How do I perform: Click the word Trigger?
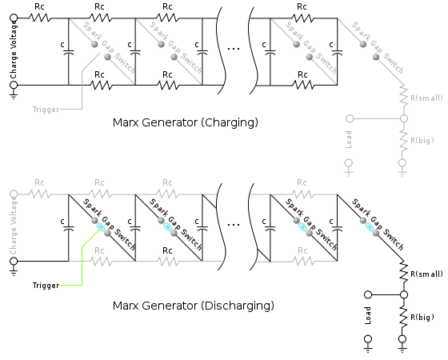[x=46, y=110]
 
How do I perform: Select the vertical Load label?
[x=349, y=139]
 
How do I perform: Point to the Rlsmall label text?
[x=426, y=98]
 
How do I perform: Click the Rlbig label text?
[x=422, y=141]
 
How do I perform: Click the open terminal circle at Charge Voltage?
[x=14, y=194]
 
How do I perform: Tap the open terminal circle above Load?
[x=350, y=118]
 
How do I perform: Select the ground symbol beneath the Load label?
[x=349, y=167]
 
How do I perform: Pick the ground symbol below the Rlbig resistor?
[x=402, y=167]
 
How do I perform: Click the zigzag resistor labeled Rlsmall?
[x=404, y=96]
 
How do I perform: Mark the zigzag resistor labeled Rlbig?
[x=404, y=141]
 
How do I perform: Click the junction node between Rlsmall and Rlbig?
[x=404, y=118]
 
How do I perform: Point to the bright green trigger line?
[x=82, y=264]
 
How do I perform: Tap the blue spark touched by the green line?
[x=101, y=226]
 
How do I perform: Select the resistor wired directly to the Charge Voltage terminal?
[x=40, y=194]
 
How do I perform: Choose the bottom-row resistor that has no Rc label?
[x=167, y=262]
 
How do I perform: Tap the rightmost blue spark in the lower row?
[x=369, y=226]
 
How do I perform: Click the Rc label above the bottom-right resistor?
[x=302, y=250]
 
